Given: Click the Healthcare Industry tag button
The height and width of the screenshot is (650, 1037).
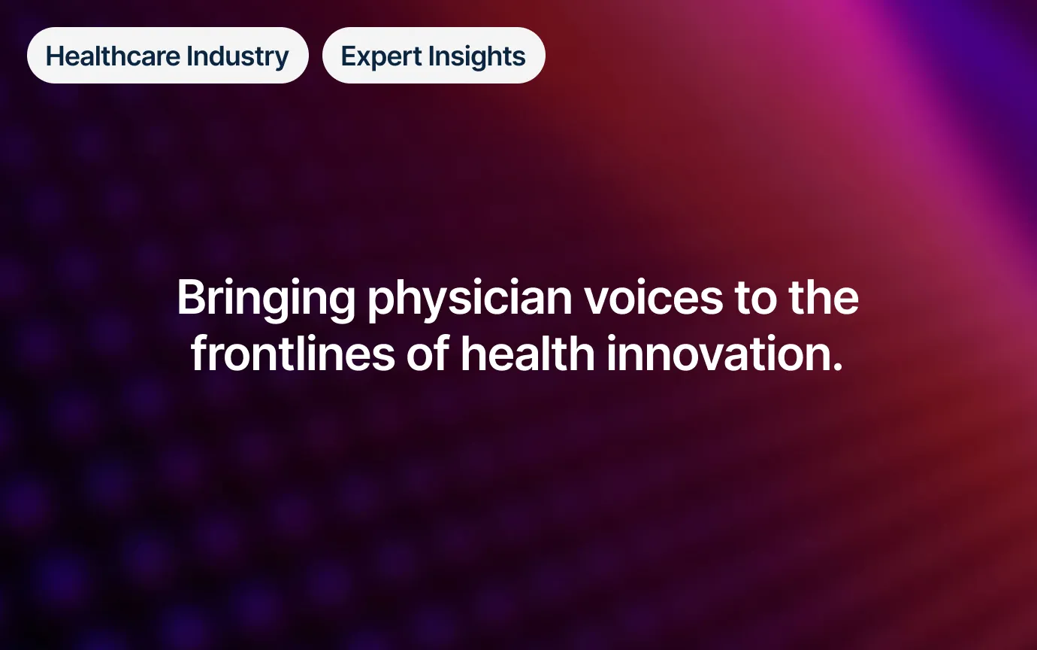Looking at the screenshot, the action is pos(168,55).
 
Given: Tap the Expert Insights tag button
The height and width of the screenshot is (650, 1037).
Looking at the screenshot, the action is pos(434,55).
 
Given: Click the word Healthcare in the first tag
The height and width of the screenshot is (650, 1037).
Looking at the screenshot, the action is pos(113,56).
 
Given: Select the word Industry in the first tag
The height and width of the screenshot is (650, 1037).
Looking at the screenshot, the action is pos(237,57).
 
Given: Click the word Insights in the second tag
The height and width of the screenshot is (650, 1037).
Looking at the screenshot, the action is pos(477,57).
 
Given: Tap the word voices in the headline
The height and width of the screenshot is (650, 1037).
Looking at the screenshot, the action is pos(653,298).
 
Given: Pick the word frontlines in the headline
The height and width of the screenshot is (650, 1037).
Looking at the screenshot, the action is pos(292,354).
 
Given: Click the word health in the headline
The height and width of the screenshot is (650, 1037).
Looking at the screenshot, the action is pos(528,354).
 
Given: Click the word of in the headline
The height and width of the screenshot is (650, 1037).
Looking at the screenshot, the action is pos(428,354).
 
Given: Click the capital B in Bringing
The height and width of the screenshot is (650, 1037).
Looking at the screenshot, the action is pos(191,297).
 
